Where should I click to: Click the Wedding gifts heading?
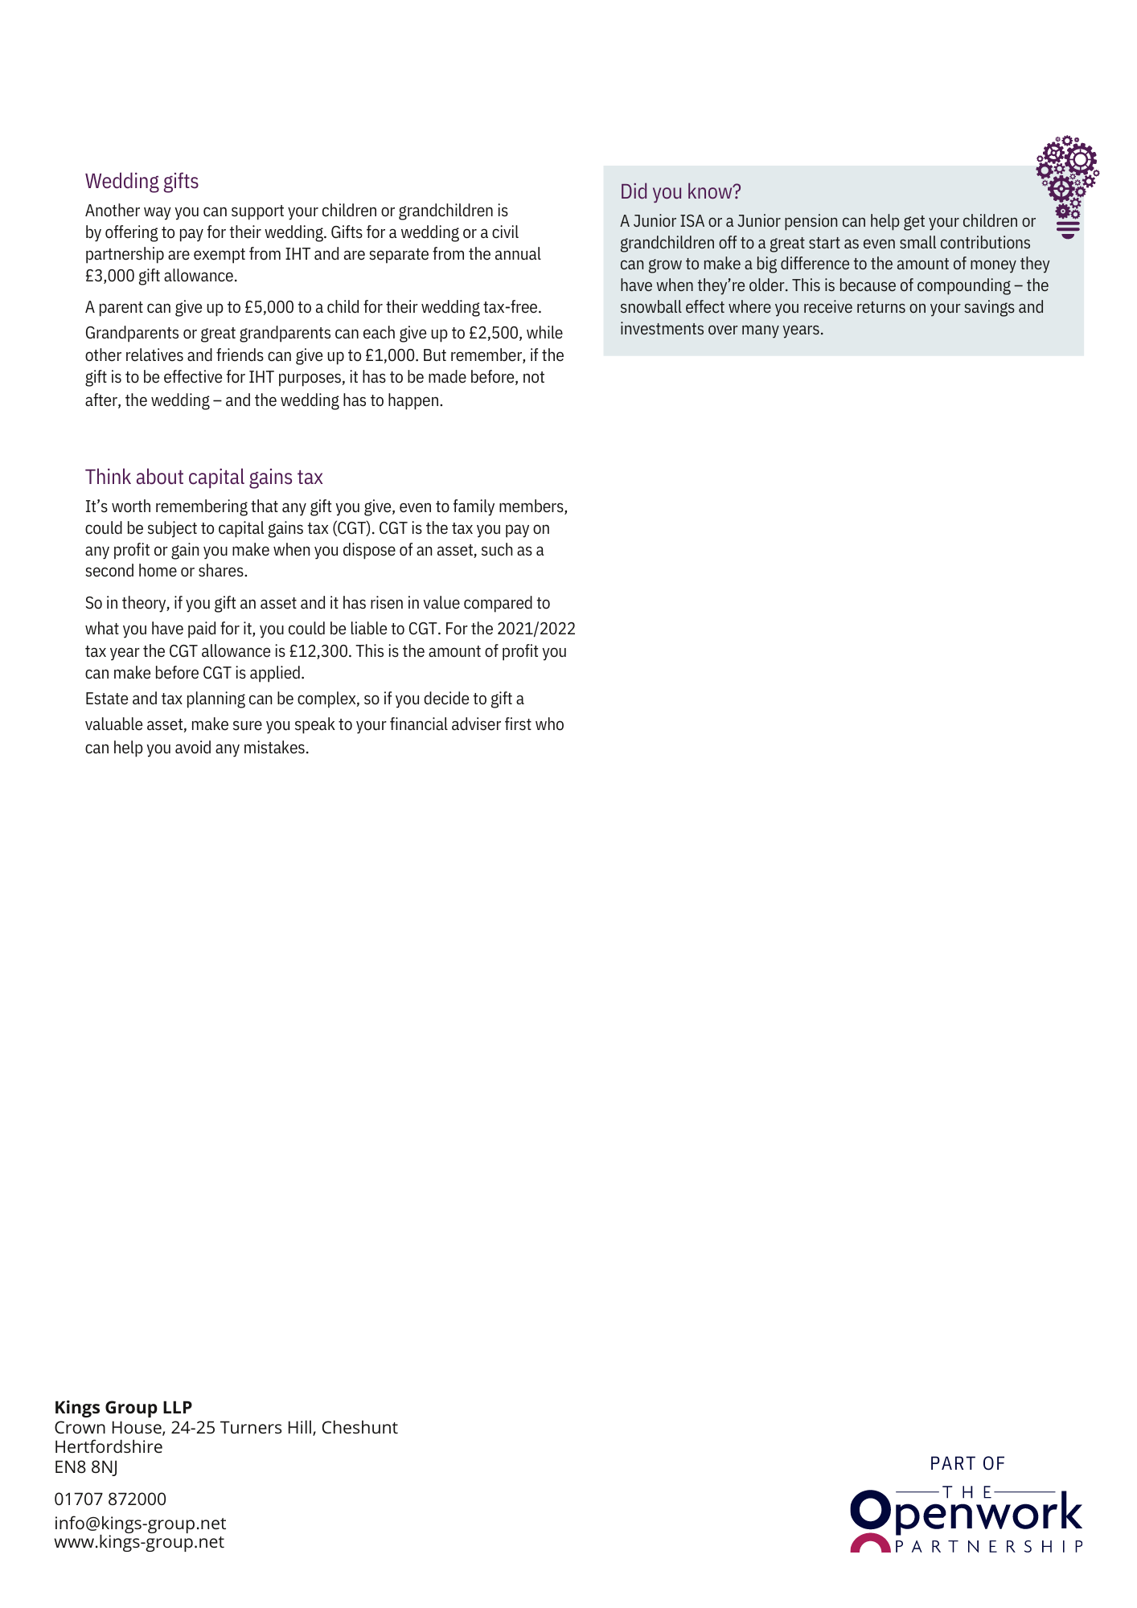click(x=142, y=182)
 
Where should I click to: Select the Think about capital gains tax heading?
click(x=203, y=478)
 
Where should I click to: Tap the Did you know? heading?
click(x=680, y=192)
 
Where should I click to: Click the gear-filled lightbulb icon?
click(x=1067, y=186)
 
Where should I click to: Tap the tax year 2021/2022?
click(x=536, y=629)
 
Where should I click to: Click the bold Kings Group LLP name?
click(x=123, y=1407)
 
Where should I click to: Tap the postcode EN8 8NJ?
click(x=86, y=1466)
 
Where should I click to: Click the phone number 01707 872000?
click(x=110, y=1499)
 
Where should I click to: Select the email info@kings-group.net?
click(x=140, y=1523)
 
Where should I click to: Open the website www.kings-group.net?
click(x=139, y=1541)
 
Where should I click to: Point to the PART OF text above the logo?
click(x=967, y=1463)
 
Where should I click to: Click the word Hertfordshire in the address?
click(x=109, y=1446)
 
